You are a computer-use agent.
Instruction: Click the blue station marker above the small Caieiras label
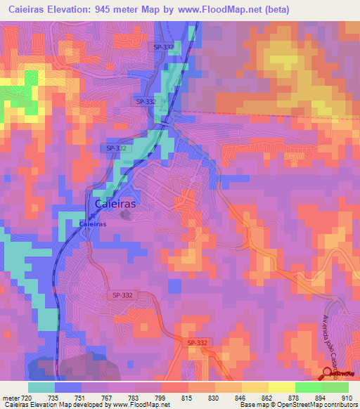tap(88, 215)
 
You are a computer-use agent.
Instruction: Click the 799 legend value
tap(161, 398)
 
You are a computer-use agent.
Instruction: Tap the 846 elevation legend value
tap(240, 398)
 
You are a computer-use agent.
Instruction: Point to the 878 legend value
tap(293, 398)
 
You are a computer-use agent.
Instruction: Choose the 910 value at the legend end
tap(345, 398)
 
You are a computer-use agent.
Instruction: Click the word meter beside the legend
tap(10, 398)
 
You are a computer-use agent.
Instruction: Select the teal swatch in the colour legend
tap(41, 387)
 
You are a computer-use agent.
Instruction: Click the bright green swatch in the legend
tap(308, 387)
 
